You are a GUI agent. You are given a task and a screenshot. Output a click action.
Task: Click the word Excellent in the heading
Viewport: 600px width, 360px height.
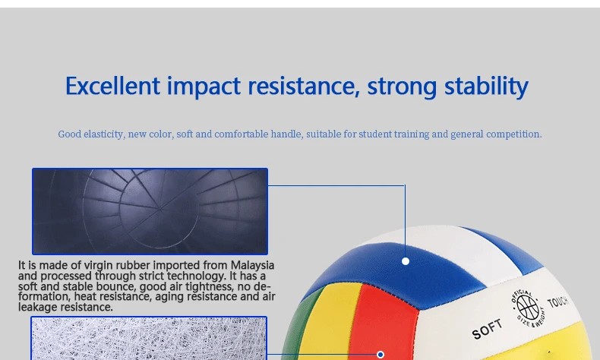point(112,86)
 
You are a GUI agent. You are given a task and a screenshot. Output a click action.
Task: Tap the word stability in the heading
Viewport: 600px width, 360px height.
point(486,87)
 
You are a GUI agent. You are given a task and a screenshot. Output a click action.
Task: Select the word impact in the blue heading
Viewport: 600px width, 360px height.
point(204,87)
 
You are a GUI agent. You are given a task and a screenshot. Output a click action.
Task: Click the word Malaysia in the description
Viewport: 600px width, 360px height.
point(252,265)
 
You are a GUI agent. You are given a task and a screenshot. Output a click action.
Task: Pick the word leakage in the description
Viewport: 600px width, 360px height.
point(37,307)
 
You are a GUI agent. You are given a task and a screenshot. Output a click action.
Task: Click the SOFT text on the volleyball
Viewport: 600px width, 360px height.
point(487,330)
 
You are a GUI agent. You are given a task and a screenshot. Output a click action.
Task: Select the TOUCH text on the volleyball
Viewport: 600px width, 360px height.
point(557,302)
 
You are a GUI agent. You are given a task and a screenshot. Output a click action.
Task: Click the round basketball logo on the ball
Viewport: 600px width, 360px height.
point(528,308)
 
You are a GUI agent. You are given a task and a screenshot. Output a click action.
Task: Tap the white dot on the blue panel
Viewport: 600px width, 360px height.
point(406,261)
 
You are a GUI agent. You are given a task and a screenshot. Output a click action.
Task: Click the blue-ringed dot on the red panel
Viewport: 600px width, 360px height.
point(381,355)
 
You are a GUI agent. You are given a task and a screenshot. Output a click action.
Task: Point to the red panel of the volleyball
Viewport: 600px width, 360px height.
point(384,325)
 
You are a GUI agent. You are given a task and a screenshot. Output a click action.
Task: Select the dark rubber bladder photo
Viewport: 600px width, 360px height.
point(150,211)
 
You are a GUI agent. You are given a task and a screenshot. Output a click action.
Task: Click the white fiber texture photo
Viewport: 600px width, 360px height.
point(149,338)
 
